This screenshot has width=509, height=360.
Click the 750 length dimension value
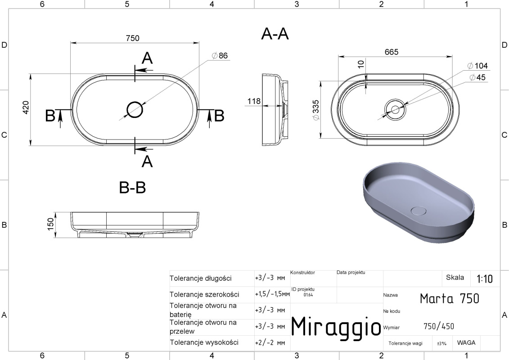click(132, 38)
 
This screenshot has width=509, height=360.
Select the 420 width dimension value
click(26, 108)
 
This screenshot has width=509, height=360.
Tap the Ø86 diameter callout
click(220, 55)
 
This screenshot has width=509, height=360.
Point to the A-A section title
click(275, 34)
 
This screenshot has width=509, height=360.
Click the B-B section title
click(132, 187)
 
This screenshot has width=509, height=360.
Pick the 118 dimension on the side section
click(254, 101)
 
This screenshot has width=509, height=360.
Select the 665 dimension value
click(392, 52)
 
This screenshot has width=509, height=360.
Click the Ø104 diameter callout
click(477, 66)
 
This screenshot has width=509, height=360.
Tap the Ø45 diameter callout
click(477, 77)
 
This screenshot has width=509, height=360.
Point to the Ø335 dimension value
click(315, 110)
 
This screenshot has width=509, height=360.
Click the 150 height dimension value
click(51, 224)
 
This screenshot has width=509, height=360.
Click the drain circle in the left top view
click(135, 110)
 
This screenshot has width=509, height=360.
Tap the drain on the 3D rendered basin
click(419, 211)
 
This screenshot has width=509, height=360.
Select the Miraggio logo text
click(336, 327)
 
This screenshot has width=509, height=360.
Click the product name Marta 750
click(449, 298)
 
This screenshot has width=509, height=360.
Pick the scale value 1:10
click(485, 279)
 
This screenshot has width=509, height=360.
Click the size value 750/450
click(439, 326)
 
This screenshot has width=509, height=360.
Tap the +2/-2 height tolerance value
click(270, 343)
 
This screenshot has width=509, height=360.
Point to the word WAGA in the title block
click(466, 343)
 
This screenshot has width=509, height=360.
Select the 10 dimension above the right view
click(360, 64)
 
